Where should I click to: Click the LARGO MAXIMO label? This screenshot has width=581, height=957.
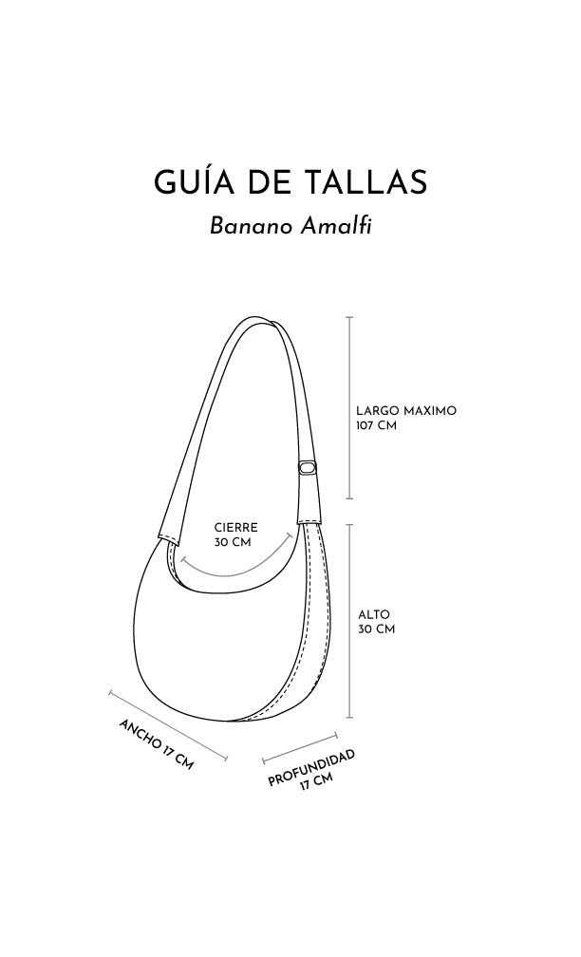[x=406, y=411]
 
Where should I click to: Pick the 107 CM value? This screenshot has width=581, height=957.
[x=376, y=425]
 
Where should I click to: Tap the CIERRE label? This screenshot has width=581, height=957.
[x=235, y=528]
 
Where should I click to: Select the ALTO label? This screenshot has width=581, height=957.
[x=373, y=614]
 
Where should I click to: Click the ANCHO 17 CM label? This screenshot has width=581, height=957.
[x=156, y=743]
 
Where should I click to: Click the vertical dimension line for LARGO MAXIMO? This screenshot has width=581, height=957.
[x=349, y=408]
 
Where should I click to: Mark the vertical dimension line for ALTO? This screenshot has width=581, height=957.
[x=349, y=622]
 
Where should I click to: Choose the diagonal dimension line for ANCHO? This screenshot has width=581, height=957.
[x=168, y=724]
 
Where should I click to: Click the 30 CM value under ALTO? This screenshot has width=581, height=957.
[x=376, y=629]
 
